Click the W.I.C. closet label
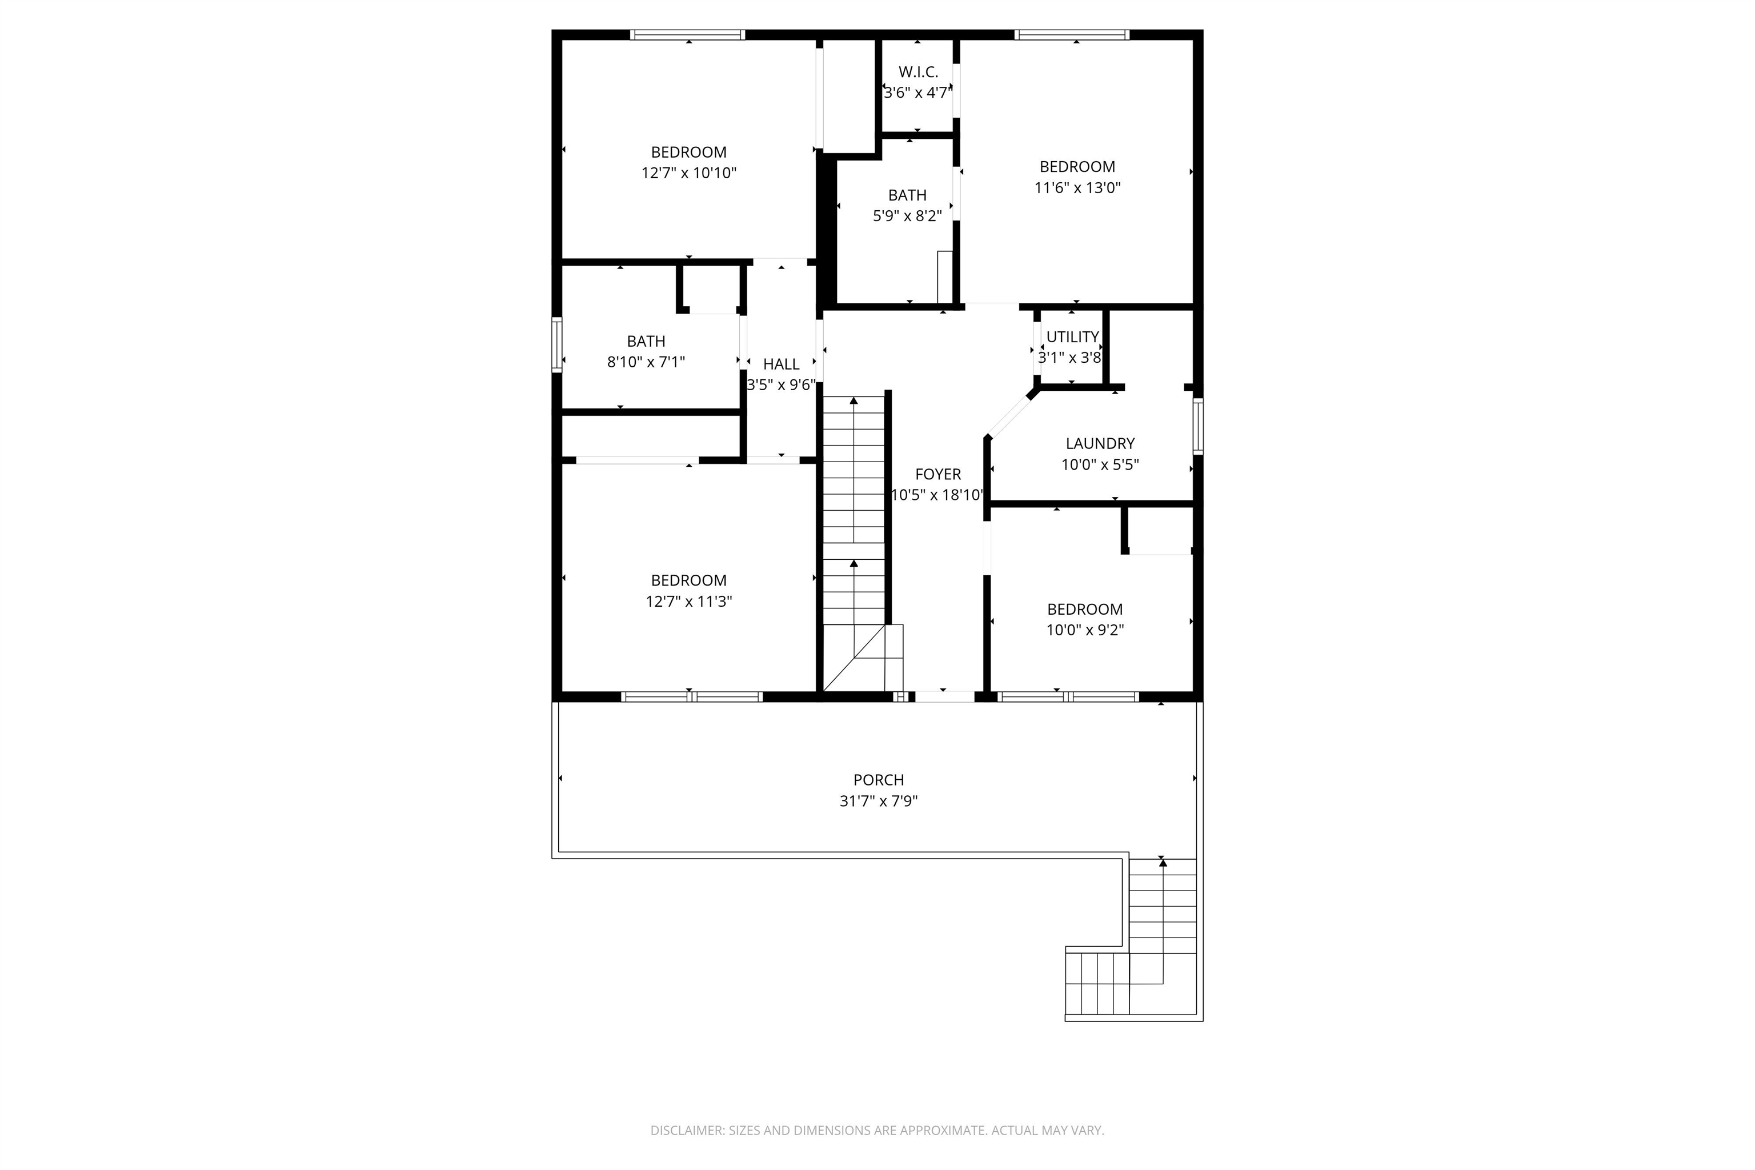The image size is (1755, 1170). (x=918, y=73)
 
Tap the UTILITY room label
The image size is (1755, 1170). (x=1072, y=336)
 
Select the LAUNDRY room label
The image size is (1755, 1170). (x=1100, y=443)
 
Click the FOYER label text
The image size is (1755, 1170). (x=938, y=475)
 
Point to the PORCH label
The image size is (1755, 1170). (x=878, y=780)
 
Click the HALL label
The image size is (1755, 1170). (x=782, y=364)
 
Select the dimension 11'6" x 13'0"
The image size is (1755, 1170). (x=1077, y=188)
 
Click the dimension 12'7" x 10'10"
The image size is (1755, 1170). (x=688, y=173)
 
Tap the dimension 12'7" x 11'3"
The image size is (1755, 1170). (x=688, y=602)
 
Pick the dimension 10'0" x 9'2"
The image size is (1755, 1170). (x=1084, y=630)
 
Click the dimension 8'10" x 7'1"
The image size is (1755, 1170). (x=646, y=362)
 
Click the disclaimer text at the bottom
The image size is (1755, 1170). (x=877, y=1131)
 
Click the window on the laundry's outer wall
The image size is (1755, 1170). (x=1197, y=426)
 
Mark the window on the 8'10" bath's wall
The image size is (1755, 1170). (x=556, y=344)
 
